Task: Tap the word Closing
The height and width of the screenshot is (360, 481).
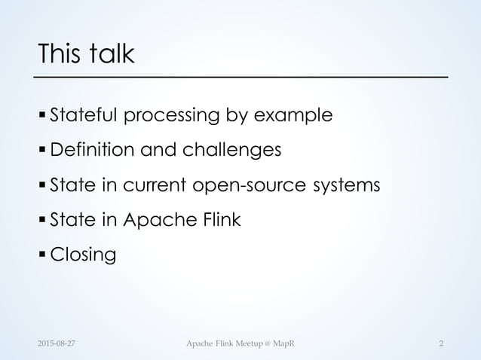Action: [x=83, y=255]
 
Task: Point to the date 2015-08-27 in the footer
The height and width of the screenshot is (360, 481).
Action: [x=58, y=344]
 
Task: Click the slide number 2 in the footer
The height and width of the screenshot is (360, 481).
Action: [x=442, y=344]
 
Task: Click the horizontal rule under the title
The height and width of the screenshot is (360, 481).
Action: [x=241, y=78]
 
